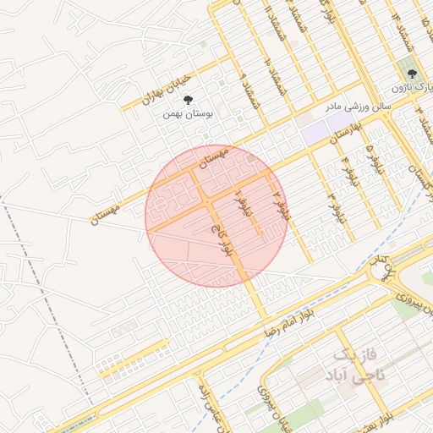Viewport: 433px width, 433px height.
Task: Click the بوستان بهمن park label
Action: pos(198,112)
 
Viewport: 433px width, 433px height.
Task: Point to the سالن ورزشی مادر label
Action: pos(357,107)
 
